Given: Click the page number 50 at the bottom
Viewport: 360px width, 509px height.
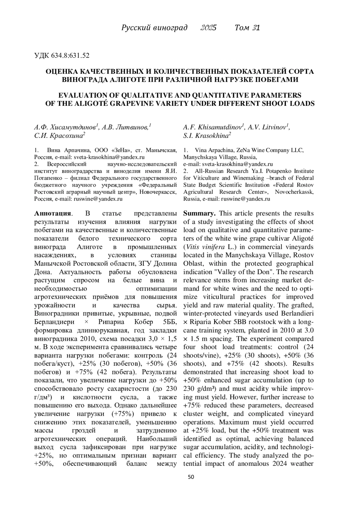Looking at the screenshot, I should (191, 477).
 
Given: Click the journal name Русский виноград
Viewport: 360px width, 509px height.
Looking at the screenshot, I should (154, 28).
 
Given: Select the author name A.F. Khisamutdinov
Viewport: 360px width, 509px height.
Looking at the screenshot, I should (214, 127).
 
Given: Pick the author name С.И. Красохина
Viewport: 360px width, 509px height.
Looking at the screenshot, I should (60, 136).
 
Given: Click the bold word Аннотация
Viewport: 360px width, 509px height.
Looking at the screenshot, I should (53, 213).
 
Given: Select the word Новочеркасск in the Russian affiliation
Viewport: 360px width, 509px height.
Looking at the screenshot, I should (158, 192).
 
